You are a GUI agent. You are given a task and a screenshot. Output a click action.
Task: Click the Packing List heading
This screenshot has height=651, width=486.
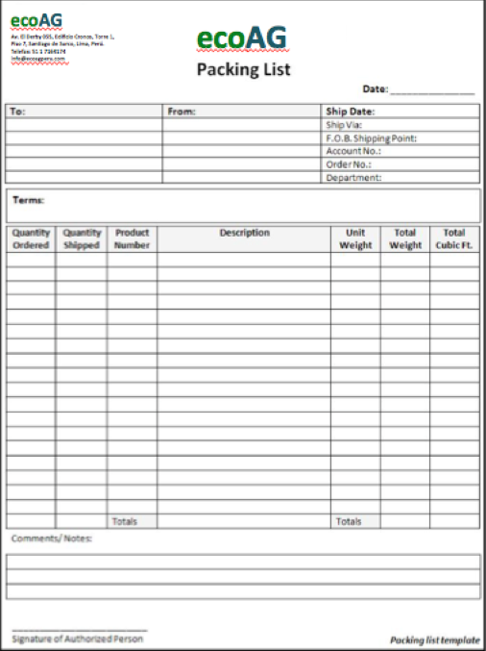pyautogui.click(x=243, y=69)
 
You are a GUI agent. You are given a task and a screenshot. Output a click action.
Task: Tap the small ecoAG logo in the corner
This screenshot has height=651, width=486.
pyautogui.click(x=36, y=20)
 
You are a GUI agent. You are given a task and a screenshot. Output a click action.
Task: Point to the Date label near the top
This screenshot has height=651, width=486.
pyautogui.click(x=375, y=89)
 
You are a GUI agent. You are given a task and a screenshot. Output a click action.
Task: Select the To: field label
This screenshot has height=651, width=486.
pyautogui.click(x=17, y=112)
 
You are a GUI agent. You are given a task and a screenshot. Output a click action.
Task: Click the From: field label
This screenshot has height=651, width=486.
pyautogui.click(x=181, y=112)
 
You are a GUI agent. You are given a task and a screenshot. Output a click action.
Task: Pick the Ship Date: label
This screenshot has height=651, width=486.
pyautogui.click(x=350, y=112)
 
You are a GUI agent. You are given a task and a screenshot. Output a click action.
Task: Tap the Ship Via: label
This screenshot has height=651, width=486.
pyautogui.click(x=343, y=125)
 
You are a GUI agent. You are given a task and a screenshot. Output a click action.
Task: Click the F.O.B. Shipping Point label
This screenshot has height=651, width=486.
pyautogui.click(x=371, y=138)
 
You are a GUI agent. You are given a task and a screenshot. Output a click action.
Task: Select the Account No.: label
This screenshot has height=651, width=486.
pyautogui.click(x=353, y=151)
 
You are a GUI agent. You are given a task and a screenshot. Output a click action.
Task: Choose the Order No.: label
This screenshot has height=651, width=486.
pyautogui.click(x=349, y=164)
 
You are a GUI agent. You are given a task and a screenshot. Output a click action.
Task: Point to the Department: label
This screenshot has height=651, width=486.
pyautogui.click(x=353, y=178)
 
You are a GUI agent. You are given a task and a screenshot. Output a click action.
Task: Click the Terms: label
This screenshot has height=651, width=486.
pyautogui.click(x=28, y=200)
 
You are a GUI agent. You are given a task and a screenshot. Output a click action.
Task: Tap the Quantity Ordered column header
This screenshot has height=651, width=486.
pyautogui.click(x=31, y=239)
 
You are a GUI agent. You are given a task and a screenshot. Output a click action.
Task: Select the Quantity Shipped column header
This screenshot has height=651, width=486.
pyautogui.click(x=82, y=239)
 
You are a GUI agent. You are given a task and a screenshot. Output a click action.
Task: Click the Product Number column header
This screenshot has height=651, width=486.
pyautogui.click(x=133, y=239)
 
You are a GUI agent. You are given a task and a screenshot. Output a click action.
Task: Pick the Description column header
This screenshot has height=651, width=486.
pyautogui.click(x=244, y=233)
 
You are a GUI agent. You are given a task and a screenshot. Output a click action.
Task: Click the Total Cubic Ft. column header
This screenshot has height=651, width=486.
pyautogui.click(x=454, y=239)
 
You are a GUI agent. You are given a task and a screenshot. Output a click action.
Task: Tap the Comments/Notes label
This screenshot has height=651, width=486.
pyautogui.click(x=52, y=538)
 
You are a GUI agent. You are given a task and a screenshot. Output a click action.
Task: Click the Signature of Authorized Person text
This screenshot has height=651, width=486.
pyautogui.click(x=78, y=638)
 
